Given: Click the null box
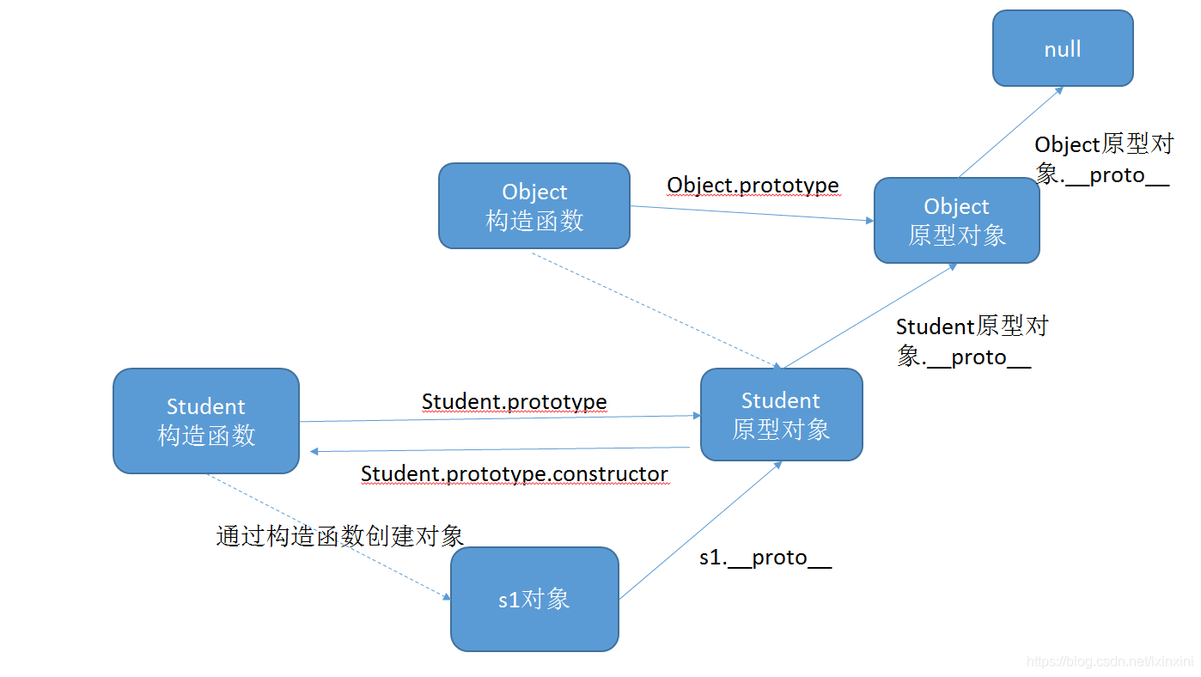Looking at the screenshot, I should pos(1063,48).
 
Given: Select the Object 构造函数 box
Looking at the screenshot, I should pos(533,206).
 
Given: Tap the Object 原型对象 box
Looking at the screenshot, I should pos(956,221).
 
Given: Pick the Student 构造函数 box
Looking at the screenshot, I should pos(206,421).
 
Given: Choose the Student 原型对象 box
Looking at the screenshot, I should pos(781,415).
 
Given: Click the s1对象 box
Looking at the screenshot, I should pos(534,599).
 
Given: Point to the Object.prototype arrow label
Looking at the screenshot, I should pos(753,185).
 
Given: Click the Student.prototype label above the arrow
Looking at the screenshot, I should pos(514,401).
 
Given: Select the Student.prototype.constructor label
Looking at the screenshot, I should pos(514,473).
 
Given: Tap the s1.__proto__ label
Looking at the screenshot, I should pos(765,558).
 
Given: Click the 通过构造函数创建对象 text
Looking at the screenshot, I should pos(339,536).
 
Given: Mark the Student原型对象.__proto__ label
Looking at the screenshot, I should pos(971,342).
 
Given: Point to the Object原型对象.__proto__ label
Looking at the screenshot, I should pos(1103,160).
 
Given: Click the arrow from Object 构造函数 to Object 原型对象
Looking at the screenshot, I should pos(752,213).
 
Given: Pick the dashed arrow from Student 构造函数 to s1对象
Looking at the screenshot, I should pos(326,536).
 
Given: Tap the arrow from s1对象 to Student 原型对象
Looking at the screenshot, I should pos(700,530).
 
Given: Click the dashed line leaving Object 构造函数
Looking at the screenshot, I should pos(653,308).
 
